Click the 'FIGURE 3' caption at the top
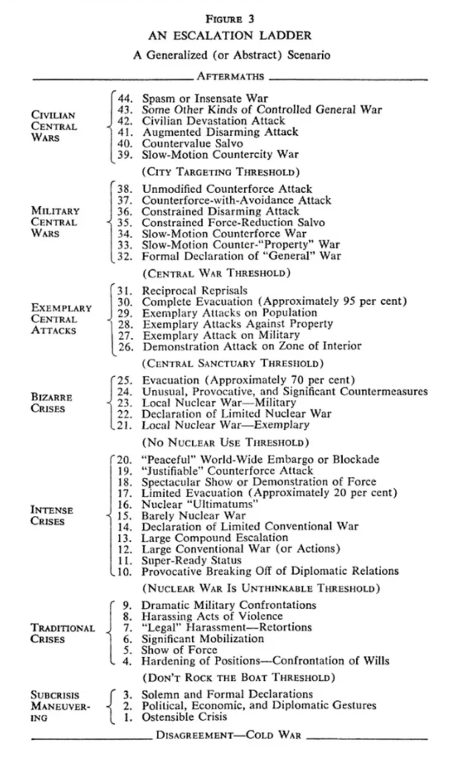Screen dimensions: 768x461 [x=230, y=19]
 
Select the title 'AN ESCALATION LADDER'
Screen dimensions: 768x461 [x=230, y=36]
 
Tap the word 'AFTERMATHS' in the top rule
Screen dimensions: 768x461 [x=230, y=76]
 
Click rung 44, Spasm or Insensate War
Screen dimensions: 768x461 [x=204, y=98]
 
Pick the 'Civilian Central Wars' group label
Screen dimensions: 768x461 [x=54, y=127]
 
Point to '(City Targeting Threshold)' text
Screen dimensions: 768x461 [x=221, y=172]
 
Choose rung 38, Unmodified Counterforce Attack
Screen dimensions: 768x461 [x=226, y=189]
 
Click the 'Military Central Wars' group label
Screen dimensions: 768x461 [x=55, y=222]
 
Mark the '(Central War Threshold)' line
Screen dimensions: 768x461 [x=216, y=273]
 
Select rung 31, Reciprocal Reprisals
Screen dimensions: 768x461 [x=194, y=291]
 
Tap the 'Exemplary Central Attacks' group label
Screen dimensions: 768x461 [x=61, y=319]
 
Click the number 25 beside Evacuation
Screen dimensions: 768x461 [x=125, y=380]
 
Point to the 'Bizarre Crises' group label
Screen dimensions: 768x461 [x=51, y=402]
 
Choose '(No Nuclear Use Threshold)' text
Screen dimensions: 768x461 [x=225, y=442]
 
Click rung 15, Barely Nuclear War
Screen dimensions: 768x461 [x=193, y=515]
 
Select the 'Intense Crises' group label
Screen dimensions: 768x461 [x=51, y=515]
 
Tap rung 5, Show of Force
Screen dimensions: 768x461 [x=179, y=650]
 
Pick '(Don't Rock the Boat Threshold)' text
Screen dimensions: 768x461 [x=239, y=677]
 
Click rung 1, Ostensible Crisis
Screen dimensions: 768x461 [x=184, y=716]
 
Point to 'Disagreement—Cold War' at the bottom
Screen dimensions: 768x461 [x=228, y=735]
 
